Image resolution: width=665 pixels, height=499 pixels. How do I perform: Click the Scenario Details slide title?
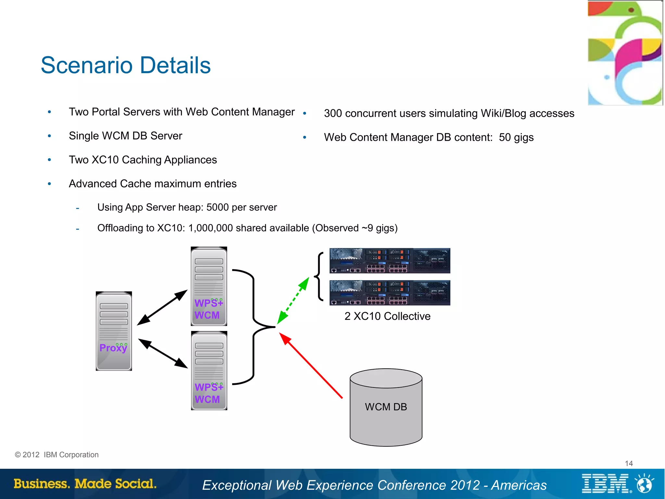tap(126, 65)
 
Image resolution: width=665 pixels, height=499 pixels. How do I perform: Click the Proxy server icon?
tap(114, 331)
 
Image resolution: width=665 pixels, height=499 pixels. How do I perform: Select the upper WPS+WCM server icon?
tap(209, 286)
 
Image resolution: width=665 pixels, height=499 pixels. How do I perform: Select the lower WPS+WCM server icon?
tap(209, 371)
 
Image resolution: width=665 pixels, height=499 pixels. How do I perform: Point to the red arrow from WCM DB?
tap(311, 366)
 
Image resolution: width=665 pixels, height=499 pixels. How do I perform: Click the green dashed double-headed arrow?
tap(293, 300)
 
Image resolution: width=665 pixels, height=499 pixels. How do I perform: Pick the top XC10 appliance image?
tap(390, 261)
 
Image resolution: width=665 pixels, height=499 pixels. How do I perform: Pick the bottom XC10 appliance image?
tap(390, 293)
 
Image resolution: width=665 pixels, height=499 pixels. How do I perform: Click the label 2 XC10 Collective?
tap(387, 316)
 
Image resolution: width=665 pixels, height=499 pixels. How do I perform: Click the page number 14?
tap(629, 463)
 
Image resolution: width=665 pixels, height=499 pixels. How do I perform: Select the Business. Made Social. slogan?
tap(85, 483)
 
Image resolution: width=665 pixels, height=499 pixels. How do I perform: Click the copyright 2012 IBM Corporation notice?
tap(57, 454)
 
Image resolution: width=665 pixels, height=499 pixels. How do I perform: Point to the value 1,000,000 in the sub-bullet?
tap(210, 228)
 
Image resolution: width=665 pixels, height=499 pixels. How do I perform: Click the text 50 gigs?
tap(516, 137)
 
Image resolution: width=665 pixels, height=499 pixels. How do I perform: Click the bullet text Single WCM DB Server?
tap(125, 136)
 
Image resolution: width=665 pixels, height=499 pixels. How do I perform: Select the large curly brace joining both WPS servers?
tap(254, 327)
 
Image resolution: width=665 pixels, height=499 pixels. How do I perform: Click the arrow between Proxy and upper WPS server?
tap(162, 307)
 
